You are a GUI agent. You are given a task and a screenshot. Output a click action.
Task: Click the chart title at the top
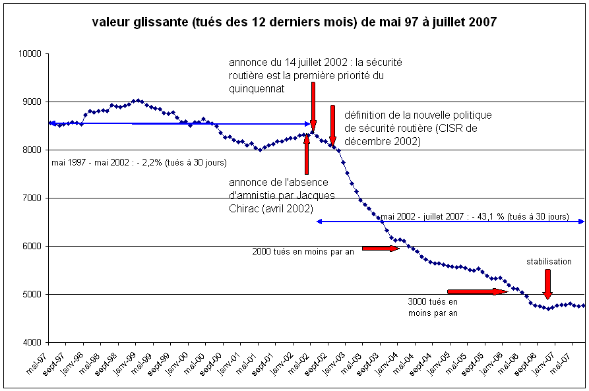click(x=294, y=22)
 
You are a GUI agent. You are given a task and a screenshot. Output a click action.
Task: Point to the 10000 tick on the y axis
click(x=30, y=54)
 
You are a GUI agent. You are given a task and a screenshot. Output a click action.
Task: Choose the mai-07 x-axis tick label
click(x=567, y=359)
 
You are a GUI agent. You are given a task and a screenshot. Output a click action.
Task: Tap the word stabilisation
click(x=549, y=262)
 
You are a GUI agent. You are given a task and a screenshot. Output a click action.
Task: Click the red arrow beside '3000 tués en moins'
click(x=477, y=291)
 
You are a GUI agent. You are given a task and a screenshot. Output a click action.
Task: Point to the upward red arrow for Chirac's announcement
click(x=307, y=155)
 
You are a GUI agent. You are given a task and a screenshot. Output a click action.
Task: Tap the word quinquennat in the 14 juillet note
click(x=257, y=88)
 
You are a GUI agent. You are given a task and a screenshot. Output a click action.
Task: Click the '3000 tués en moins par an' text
click(x=433, y=307)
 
